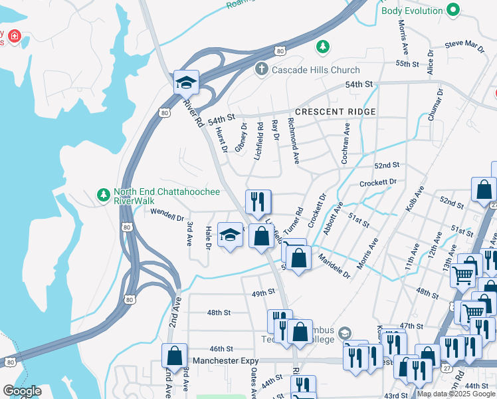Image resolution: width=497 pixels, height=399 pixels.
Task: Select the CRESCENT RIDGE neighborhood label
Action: pyautogui.click(x=336, y=112)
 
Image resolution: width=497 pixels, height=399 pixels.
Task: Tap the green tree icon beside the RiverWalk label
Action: pyautogui.click(x=103, y=195)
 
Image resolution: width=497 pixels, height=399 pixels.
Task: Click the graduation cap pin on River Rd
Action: pyautogui.click(x=187, y=82)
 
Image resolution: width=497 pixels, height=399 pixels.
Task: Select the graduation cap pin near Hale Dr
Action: pyautogui.click(x=231, y=235)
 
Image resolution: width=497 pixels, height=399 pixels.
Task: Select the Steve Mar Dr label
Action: pyautogui.click(x=464, y=45)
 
